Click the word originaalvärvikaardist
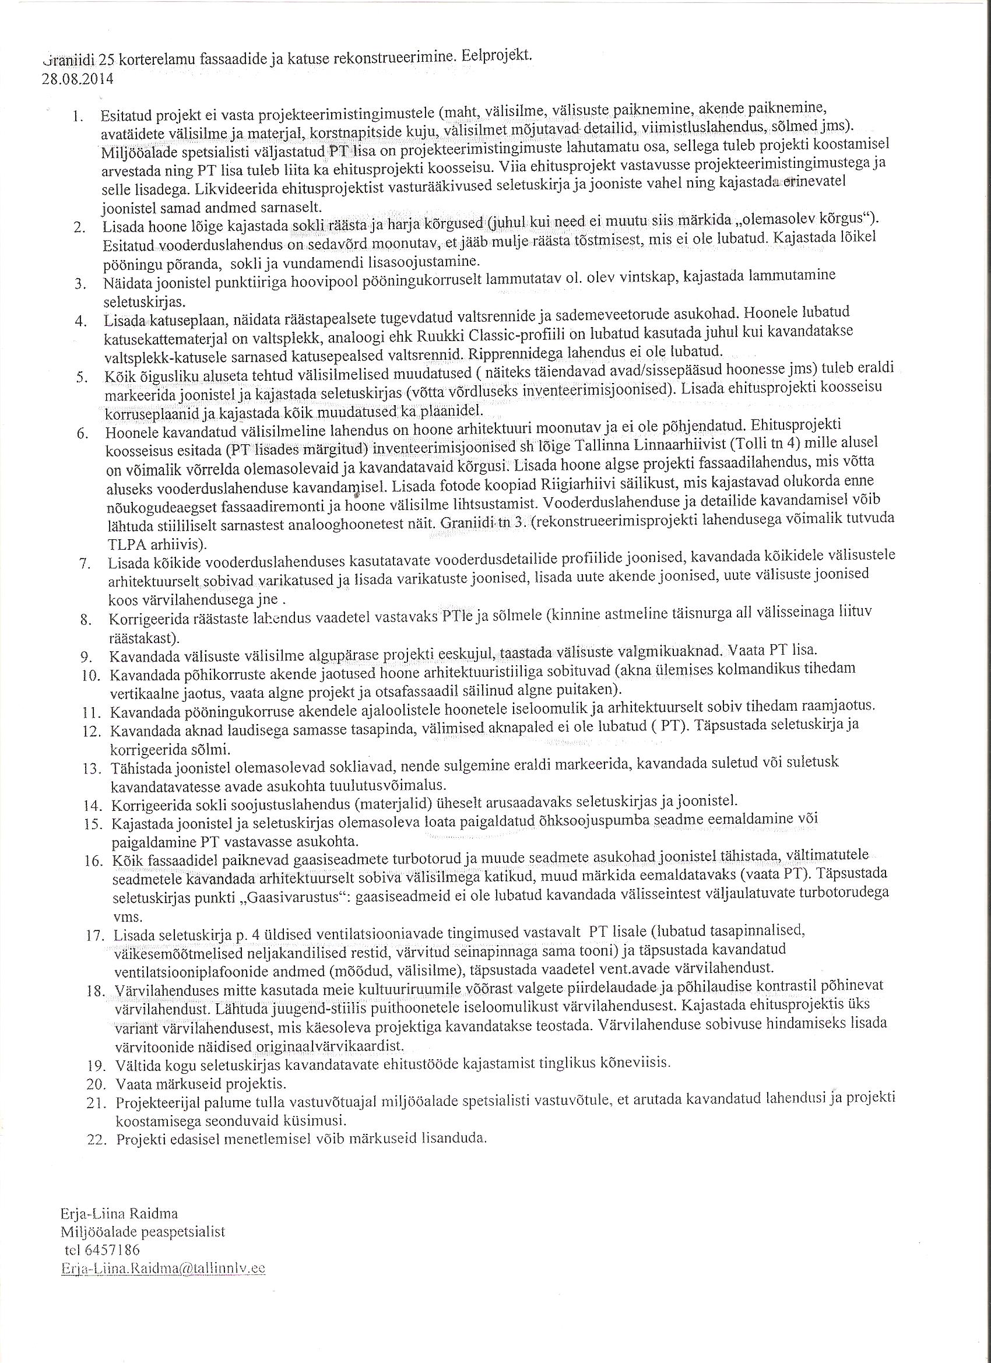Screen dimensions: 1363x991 (x=326, y=1046)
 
